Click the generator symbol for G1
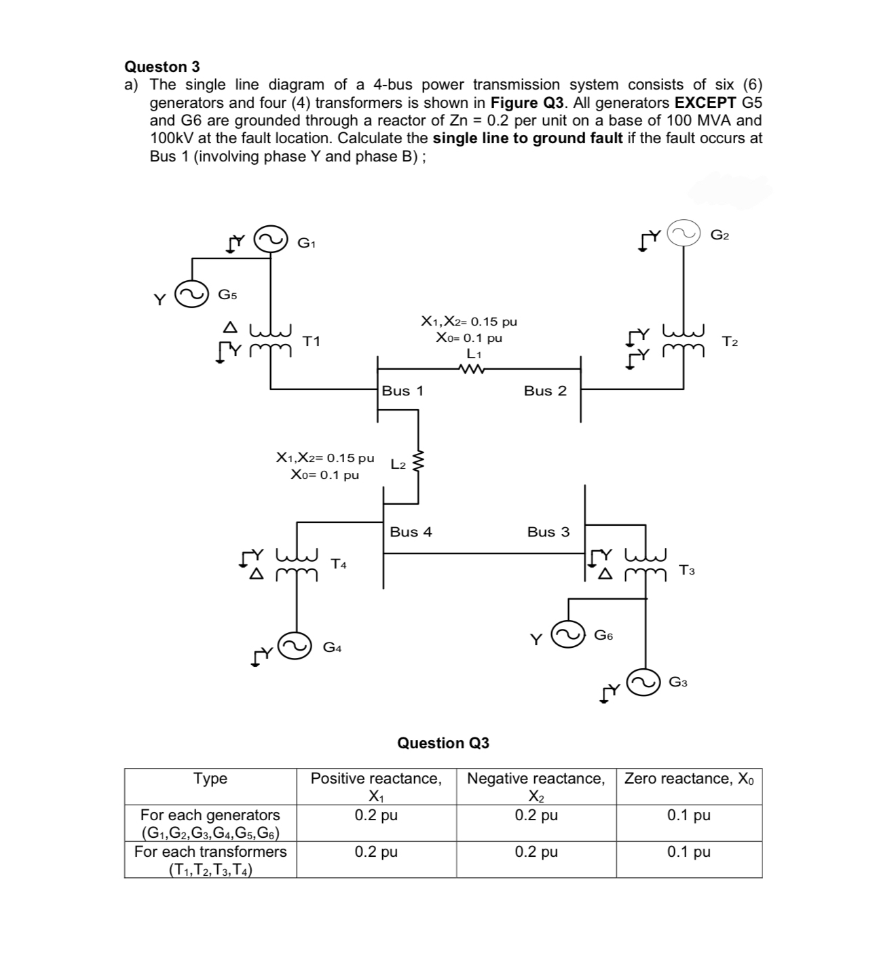[x=270, y=240]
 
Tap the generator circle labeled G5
[x=191, y=295]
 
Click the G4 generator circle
[x=297, y=647]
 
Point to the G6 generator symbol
[x=567, y=636]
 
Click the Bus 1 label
[x=403, y=391]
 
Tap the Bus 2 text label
[x=544, y=391]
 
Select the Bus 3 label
[x=548, y=532]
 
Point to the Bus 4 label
[x=411, y=532]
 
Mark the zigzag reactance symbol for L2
[x=418, y=463]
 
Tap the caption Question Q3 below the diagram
[x=443, y=743]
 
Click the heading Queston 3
[x=162, y=66]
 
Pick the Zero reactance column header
[x=689, y=779]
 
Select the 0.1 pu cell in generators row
[x=688, y=815]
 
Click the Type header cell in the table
[x=210, y=779]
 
